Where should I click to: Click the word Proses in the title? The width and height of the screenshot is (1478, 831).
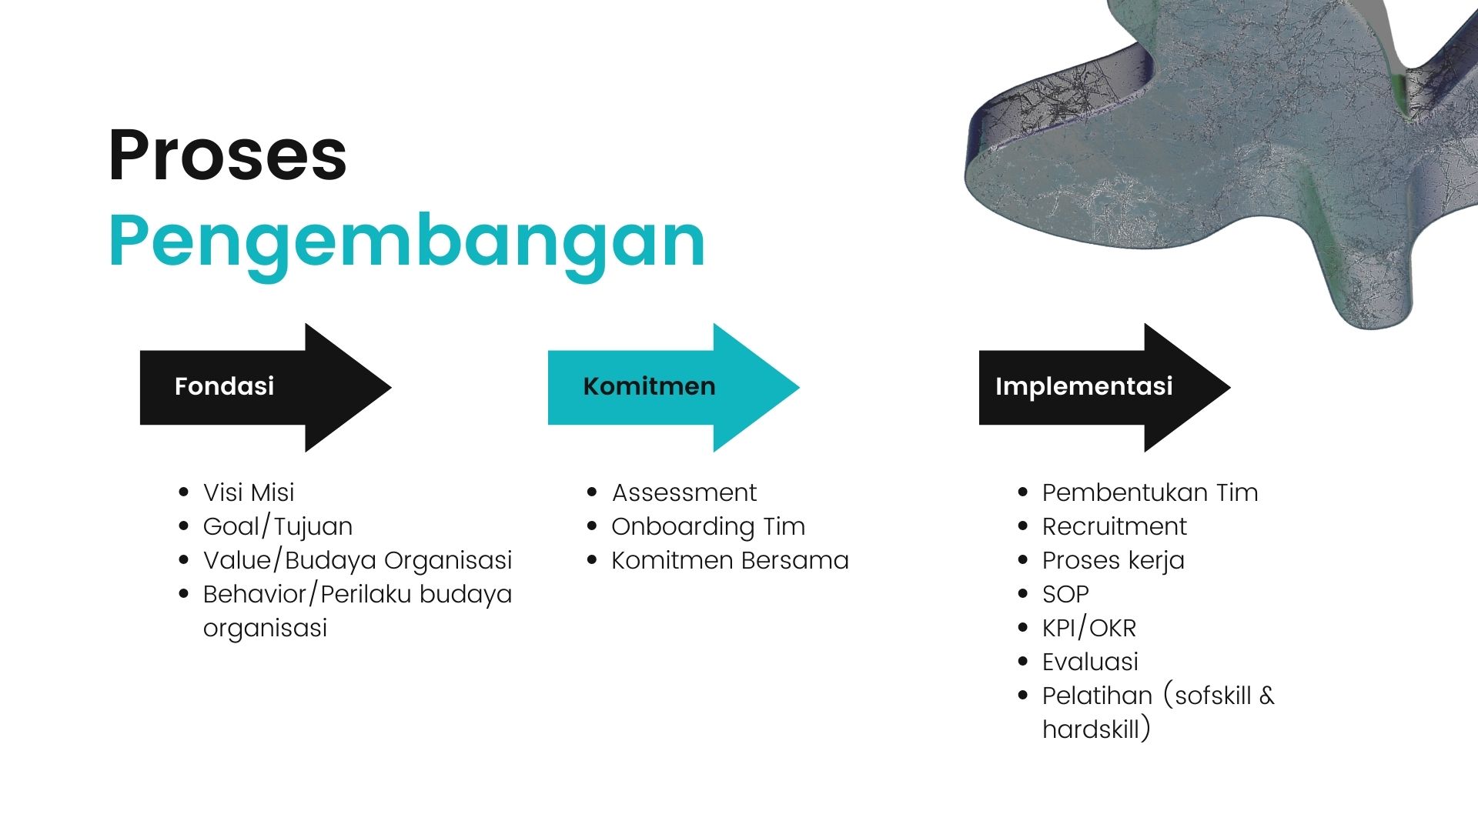(228, 155)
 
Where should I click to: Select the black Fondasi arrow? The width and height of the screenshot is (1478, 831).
(266, 387)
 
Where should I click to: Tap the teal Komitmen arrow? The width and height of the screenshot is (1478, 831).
(674, 387)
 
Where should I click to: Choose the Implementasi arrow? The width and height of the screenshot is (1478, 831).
(1105, 387)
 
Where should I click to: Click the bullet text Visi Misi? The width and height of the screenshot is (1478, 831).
(249, 492)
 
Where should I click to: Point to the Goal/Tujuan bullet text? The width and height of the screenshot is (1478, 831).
(278, 527)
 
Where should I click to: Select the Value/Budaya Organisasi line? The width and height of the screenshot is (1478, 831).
(357, 561)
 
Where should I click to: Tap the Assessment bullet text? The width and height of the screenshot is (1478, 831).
(684, 492)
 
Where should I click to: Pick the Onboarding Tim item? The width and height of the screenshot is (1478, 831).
(708, 527)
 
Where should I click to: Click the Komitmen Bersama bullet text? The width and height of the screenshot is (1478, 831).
(730, 560)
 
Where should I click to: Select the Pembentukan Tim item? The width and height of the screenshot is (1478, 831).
(1150, 492)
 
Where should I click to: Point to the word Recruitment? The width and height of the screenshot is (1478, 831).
(1115, 526)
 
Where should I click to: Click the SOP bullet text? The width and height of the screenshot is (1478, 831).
(1065, 594)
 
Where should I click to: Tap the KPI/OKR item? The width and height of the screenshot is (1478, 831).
(1089, 629)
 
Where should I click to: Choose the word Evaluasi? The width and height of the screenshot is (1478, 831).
(1090, 662)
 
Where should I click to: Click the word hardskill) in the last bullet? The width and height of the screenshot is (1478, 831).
(1096, 729)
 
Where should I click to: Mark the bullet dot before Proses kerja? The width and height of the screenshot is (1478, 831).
(1022, 560)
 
